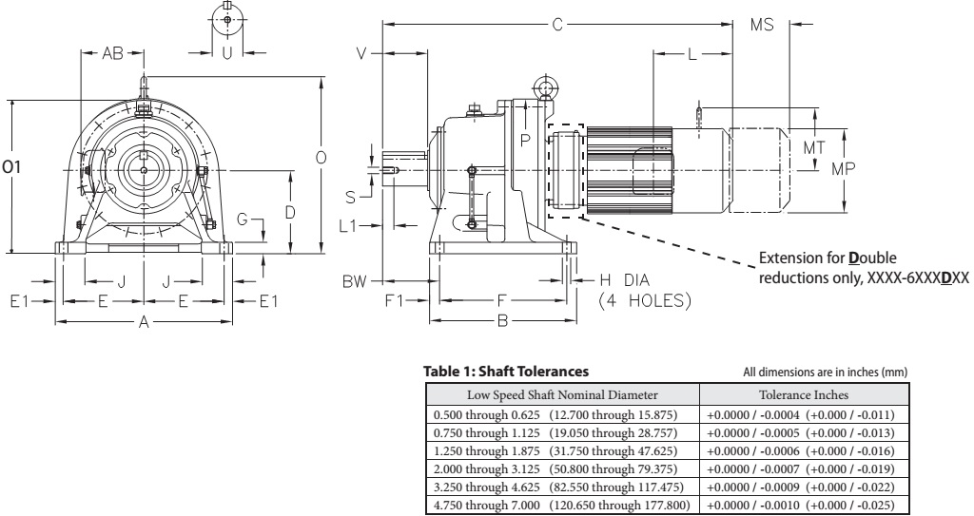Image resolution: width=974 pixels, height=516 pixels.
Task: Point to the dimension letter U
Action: [226, 53]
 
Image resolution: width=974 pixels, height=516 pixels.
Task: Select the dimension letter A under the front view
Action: [145, 323]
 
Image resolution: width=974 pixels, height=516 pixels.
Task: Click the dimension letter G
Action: [243, 220]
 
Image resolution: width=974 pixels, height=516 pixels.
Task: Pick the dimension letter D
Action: [290, 211]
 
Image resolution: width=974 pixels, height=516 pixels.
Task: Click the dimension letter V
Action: [361, 53]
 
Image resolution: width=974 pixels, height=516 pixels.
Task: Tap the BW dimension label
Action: [354, 281]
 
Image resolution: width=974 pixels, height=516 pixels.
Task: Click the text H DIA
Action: [623, 281]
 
